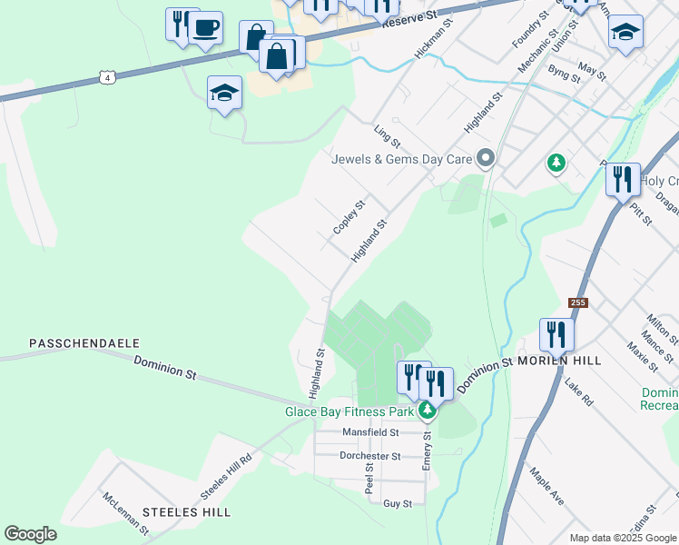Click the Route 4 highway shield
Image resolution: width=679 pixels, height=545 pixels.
[108, 79]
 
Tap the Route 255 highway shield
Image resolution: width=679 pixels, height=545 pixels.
[577, 302]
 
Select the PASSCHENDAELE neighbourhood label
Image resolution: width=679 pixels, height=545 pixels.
[84, 343]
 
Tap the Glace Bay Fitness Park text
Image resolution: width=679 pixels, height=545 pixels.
[349, 411]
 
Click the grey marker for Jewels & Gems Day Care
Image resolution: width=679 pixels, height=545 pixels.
[486, 159]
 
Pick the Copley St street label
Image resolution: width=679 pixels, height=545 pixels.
[349, 217]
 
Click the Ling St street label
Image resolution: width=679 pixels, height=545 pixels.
[388, 137]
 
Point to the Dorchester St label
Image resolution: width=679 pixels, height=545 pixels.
[369, 456]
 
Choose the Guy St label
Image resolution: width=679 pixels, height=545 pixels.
[398, 503]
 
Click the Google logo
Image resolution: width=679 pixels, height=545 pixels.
[30, 534]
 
